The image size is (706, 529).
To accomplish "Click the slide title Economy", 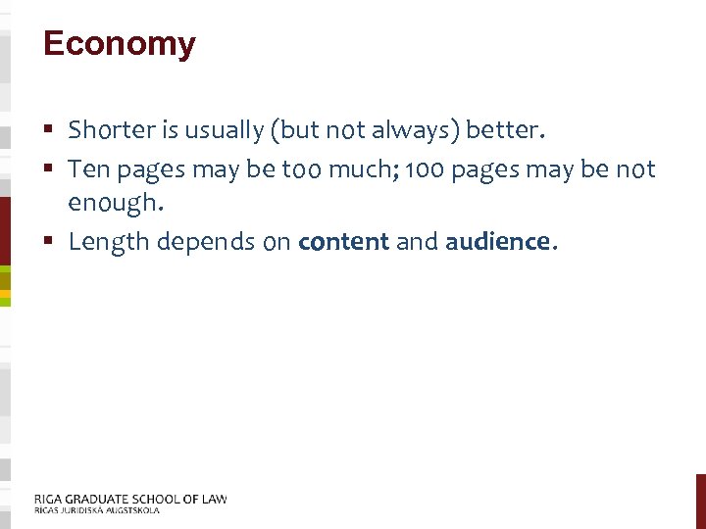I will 120,44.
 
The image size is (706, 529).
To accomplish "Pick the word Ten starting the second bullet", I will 89,169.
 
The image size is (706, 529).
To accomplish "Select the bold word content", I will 343,242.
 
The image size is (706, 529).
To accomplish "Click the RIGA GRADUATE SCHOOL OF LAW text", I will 130,499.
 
